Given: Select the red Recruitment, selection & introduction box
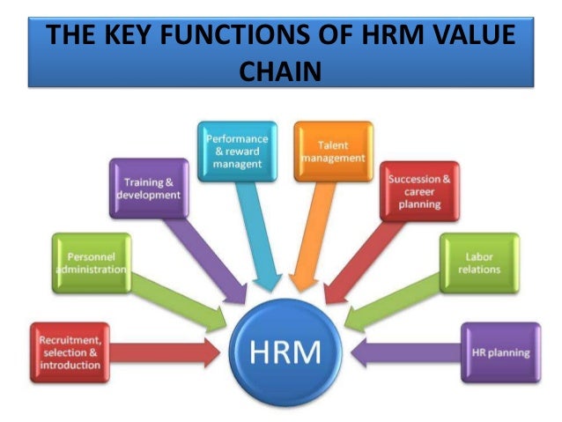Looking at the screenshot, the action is click(x=70, y=352).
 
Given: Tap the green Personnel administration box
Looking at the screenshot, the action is click(x=92, y=263).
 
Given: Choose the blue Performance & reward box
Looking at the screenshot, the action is click(x=237, y=151).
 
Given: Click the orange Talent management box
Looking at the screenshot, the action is click(x=333, y=151).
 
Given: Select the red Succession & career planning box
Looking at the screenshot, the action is click(x=419, y=190).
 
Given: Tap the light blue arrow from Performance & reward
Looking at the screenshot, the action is click(x=260, y=238).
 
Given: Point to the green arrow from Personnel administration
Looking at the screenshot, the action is click(x=176, y=295).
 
